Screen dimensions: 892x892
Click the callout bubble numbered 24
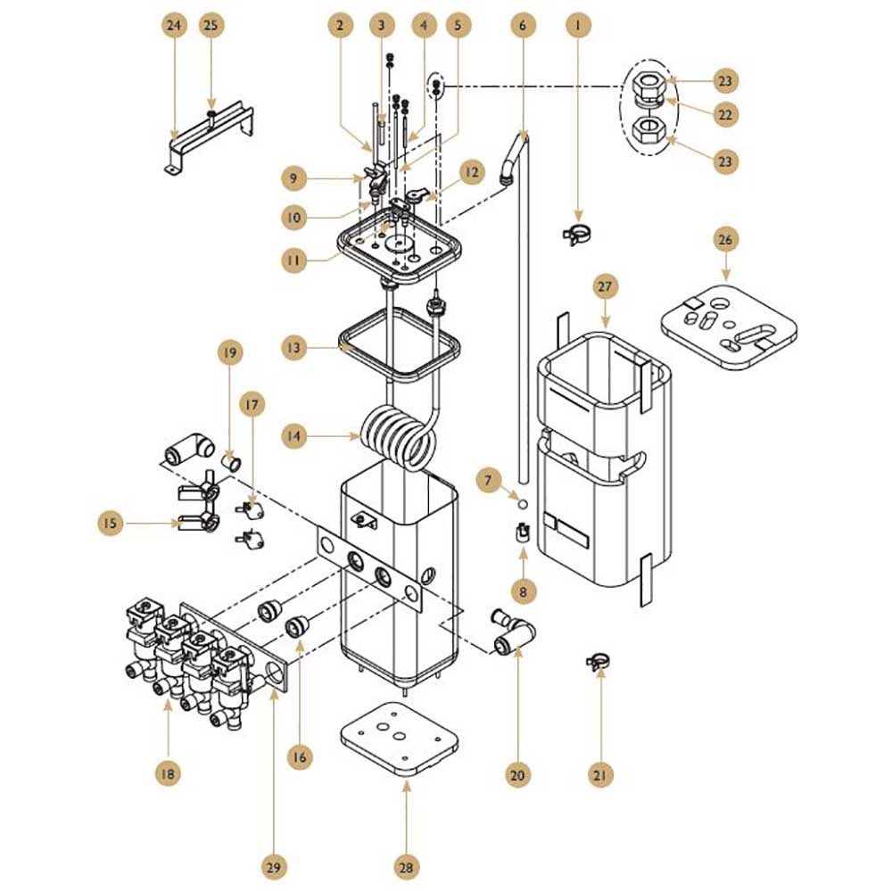[174, 26]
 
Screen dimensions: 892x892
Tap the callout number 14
[293, 436]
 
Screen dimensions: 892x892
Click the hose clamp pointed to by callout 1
[577, 233]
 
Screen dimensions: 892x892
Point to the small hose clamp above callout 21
[599, 660]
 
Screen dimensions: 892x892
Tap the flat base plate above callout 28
[400, 738]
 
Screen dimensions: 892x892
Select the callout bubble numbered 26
[725, 239]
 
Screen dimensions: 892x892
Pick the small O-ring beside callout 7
[523, 504]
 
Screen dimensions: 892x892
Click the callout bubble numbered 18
[168, 773]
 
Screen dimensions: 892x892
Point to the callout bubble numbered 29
[274, 868]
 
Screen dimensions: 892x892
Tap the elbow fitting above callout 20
[512, 634]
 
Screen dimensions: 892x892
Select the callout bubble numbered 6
[523, 26]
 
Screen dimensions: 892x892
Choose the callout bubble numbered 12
[472, 172]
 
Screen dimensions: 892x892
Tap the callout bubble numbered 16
[300, 757]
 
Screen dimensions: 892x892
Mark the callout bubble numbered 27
[605, 286]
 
